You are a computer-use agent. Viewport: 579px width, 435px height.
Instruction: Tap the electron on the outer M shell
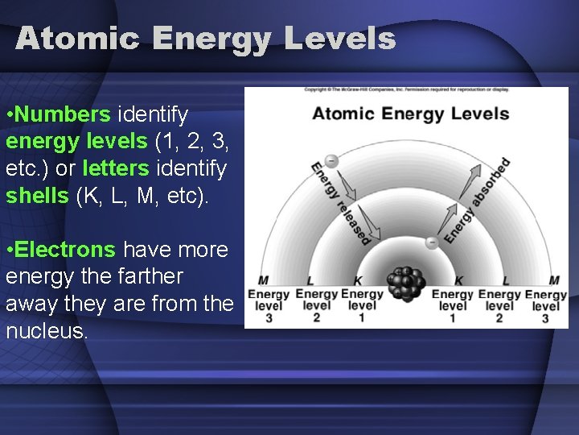pyautogui.click(x=331, y=160)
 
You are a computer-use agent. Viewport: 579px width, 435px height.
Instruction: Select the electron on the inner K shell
pyautogui.click(x=431, y=241)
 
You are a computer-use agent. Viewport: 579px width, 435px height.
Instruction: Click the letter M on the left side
pyautogui.click(x=263, y=280)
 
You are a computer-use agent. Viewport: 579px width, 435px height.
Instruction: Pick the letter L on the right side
pyautogui.click(x=506, y=280)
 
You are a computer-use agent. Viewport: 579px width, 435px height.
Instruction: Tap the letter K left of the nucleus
pyautogui.click(x=357, y=280)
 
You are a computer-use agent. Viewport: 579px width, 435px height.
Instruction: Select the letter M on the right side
pyautogui.click(x=554, y=280)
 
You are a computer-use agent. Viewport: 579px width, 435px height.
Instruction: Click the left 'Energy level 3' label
pyautogui.click(x=269, y=305)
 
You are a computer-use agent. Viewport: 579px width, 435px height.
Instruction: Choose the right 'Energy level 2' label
pyautogui.click(x=499, y=305)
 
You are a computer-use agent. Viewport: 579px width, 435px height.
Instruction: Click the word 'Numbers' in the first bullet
pyautogui.click(x=63, y=114)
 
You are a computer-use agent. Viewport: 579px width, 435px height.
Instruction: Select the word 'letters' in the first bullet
pyautogui.click(x=116, y=169)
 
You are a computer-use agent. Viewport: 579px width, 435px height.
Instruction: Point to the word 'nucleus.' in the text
pyautogui.click(x=46, y=329)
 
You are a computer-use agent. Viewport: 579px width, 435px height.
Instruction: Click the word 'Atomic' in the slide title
pyautogui.click(x=76, y=39)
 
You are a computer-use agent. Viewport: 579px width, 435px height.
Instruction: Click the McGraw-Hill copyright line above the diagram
pyautogui.click(x=406, y=89)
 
